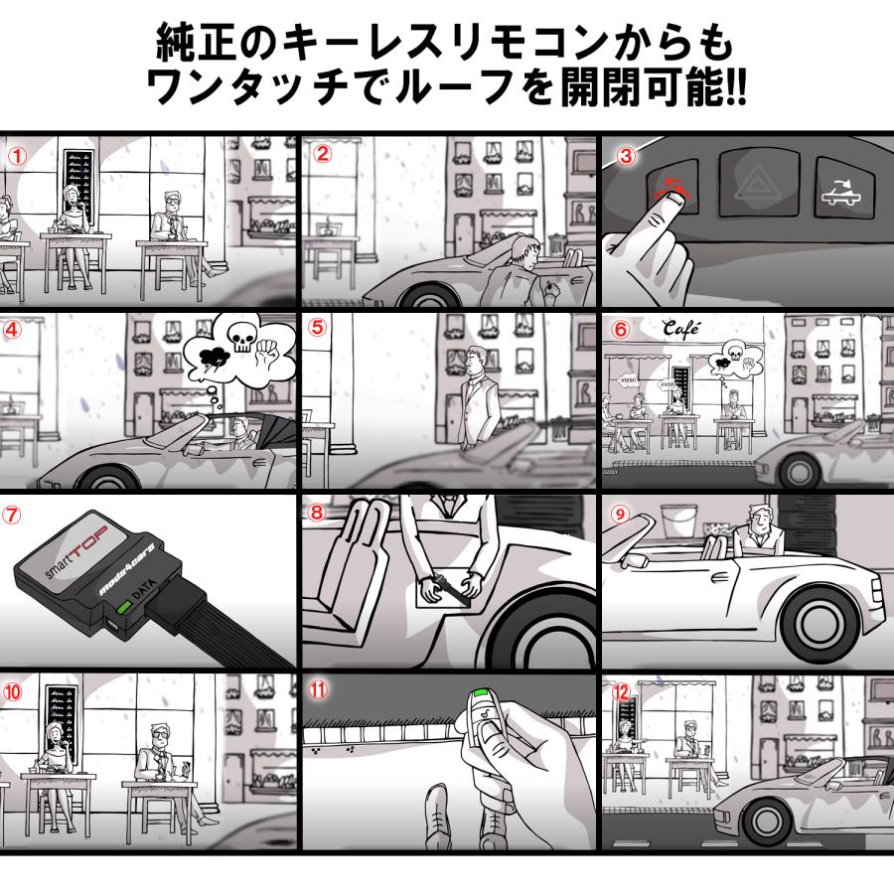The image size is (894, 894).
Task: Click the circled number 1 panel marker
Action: point(17,155)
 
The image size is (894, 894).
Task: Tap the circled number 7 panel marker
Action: point(13,515)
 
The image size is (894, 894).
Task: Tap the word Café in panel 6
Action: point(682,329)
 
